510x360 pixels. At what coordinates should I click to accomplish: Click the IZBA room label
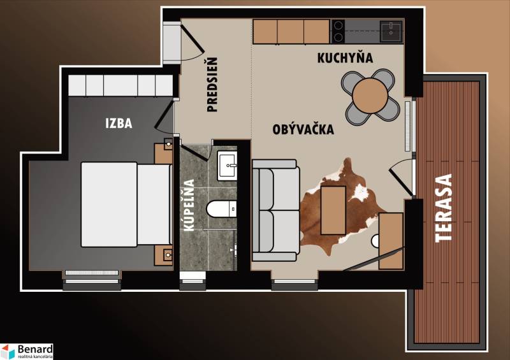click(119, 123)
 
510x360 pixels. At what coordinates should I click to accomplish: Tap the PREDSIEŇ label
click(213, 85)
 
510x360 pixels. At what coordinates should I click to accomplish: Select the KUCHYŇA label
click(345, 58)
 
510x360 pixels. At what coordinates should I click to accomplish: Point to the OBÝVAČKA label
click(303, 129)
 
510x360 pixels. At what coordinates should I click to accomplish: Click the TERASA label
click(444, 208)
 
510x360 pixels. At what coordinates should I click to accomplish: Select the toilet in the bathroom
click(222, 209)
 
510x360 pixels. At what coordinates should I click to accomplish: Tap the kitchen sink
click(391, 30)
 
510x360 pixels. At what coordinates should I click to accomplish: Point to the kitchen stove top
click(339, 31)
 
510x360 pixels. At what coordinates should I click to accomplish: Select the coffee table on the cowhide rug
click(333, 210)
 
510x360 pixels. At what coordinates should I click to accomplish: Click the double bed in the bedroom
click(125, 204)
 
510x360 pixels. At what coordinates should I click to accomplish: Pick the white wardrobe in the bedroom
click(120, 85)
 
